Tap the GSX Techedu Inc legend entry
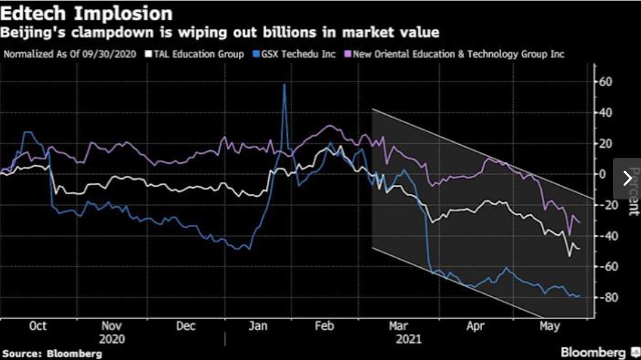coord(294,54)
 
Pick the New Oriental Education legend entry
coord(457,54)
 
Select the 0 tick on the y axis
coord(604,174)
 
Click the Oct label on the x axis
coord(37,326)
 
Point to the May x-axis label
coord(550,326)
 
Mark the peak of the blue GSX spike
coord(284,85)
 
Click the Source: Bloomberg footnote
coord(51,354)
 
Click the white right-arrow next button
coord(627,178)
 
